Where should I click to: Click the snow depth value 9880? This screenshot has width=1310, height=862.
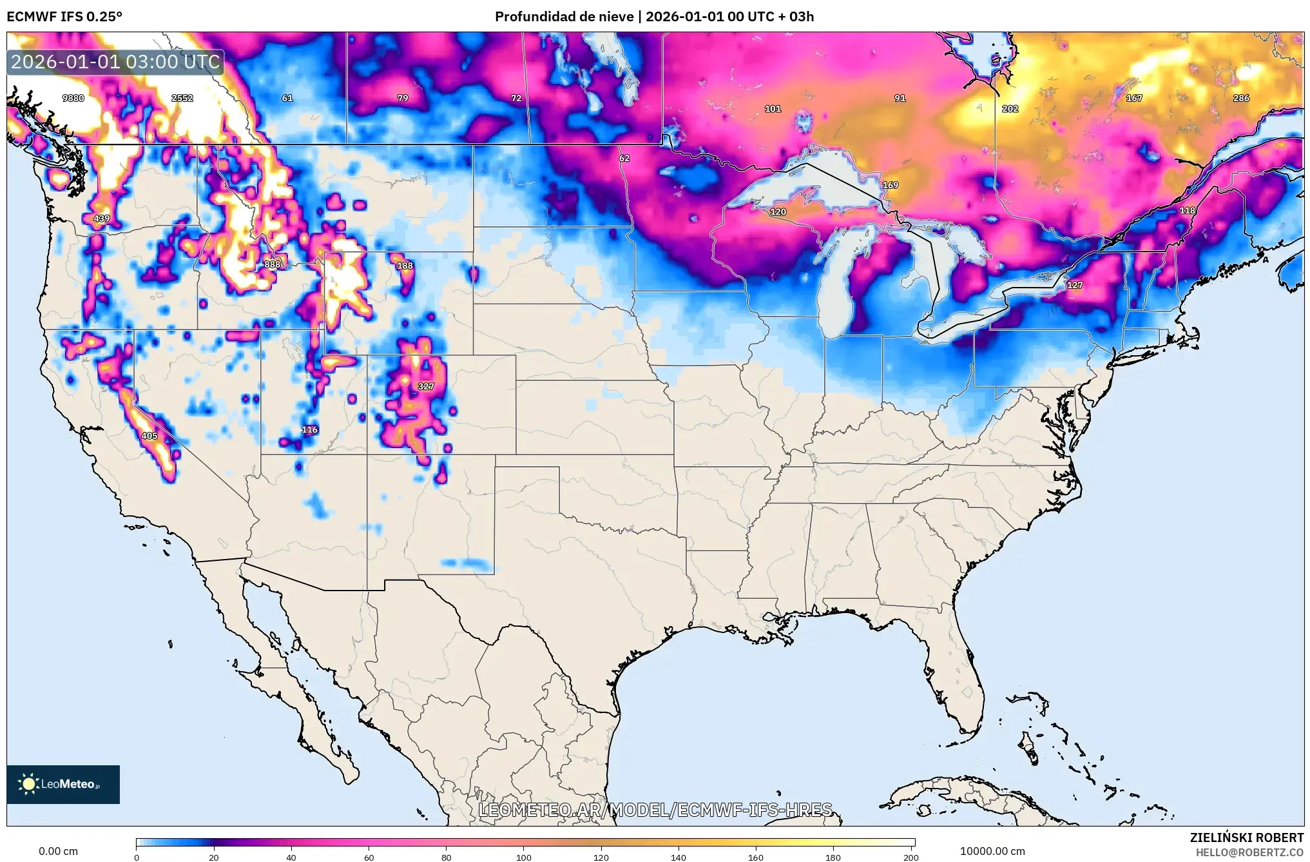click(73, 98)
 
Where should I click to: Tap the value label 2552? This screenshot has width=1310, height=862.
click(182, 98)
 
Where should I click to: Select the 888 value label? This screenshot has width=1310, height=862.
click(273, 264)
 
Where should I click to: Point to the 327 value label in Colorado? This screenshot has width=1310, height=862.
click(426, 386)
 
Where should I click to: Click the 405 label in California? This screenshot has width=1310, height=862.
click(149, 436)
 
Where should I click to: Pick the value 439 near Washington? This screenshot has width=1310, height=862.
click(102, 219)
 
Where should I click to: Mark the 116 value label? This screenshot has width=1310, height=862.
click(310, 429)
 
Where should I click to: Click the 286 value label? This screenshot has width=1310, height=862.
click(1241, 98)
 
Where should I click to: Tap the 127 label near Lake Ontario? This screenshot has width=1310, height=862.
click(1075, 285)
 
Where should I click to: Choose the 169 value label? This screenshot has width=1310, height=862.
click(891, 185)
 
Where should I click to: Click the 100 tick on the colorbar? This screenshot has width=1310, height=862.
click(524, 857)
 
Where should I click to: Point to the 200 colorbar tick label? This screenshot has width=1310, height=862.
click(910, 857)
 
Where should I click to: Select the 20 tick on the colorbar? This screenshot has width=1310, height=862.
click(214, 857)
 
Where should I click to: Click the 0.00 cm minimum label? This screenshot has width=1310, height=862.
click(58, 851)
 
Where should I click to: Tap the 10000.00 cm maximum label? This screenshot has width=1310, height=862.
click(992, 851)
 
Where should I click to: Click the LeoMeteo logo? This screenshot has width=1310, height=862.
click(63, 784)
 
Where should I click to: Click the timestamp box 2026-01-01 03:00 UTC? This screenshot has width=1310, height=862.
click(115, 62)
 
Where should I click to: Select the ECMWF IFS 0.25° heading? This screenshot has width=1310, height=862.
click(64, 17)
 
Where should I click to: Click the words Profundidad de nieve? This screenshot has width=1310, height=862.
click(564, 17)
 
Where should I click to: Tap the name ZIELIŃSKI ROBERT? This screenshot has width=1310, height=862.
click(1246, 838)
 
